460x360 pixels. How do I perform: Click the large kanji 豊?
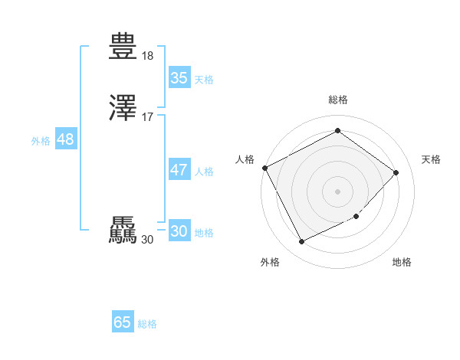tap(123, 47)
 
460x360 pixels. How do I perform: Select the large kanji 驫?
tap(123, 230)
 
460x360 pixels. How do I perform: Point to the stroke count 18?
tap(148, 56)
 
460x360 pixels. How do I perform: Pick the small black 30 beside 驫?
tap(147, 240)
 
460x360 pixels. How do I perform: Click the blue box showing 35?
tap(179, 78)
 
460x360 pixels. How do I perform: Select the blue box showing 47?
tap(179, 170)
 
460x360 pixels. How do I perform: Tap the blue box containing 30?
tap(179, 231)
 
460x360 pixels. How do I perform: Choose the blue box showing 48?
tap(65, 139)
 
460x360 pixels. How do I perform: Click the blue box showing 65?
tap(123, 322)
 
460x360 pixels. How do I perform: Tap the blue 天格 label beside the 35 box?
tap(204, 80)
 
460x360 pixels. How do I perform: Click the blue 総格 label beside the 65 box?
tap(147, 324)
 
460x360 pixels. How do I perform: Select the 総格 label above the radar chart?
tap(337, 100)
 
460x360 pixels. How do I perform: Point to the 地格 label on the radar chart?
tap(402, 262)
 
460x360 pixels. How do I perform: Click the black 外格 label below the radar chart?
tap(270, 262)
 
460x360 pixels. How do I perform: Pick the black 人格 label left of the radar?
tap(245, 159)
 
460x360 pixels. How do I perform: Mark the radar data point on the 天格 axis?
tap(396, 172)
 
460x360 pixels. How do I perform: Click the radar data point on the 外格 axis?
tap(301, 242)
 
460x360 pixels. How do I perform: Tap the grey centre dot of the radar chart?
tap(337, 191)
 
